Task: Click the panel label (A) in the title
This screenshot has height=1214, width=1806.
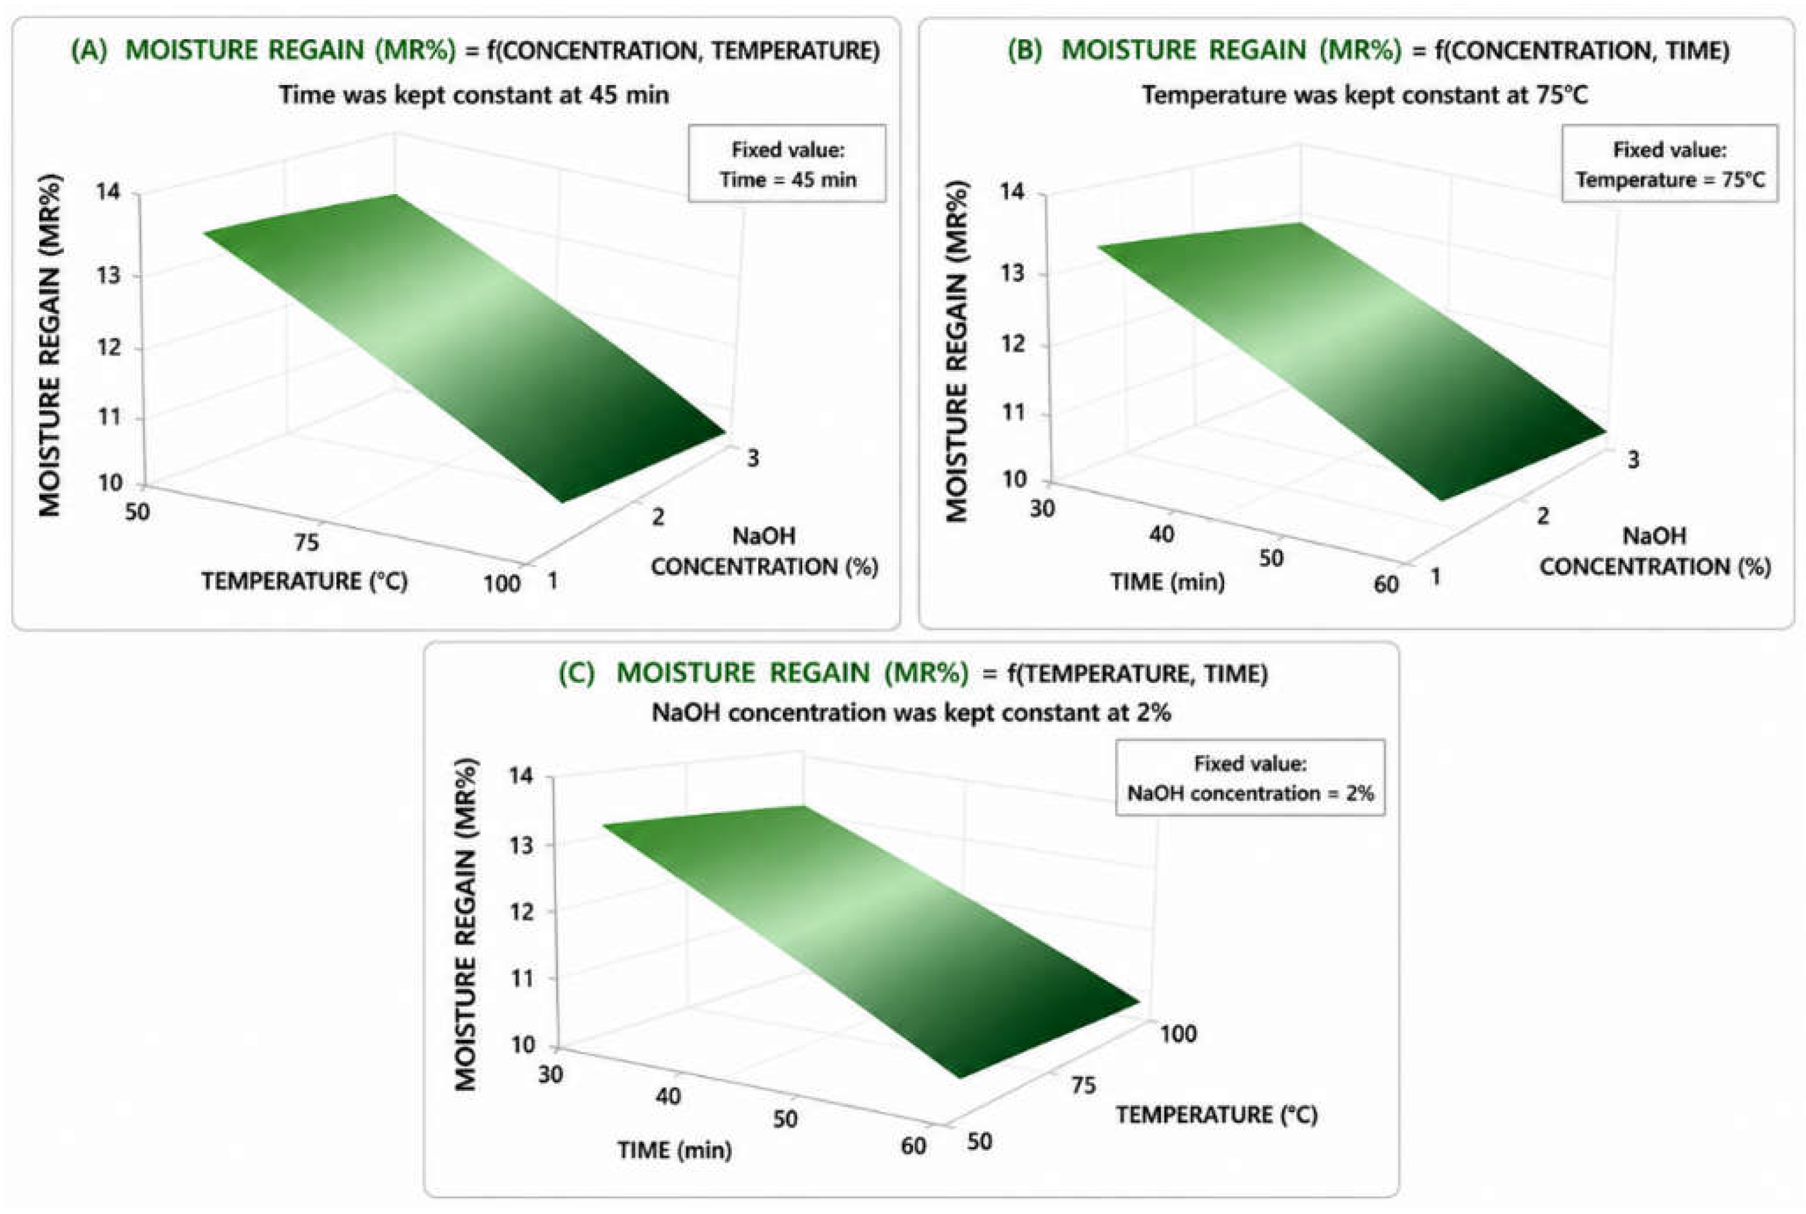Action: pos(89,50)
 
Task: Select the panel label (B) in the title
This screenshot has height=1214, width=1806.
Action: pos(1024,50)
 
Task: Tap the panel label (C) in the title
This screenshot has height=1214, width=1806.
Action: pos(577,673)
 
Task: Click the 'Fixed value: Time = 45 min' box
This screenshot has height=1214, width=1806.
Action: pos(787,164)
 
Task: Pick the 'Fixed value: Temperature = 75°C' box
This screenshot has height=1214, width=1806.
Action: pos(1670,164)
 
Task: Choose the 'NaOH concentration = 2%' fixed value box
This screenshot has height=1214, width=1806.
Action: pos(1250,777)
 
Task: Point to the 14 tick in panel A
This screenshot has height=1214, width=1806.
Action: pos(108,191)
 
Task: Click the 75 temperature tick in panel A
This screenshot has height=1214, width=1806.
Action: pos(306,542)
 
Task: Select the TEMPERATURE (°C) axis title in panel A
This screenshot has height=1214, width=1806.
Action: pos(304,581)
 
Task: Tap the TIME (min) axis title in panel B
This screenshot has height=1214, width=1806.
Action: pos(1167,581)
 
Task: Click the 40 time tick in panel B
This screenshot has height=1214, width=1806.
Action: pos(1161,534)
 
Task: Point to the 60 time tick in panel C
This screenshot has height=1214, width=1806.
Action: pos(914,1145)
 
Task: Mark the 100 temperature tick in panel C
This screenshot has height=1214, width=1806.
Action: pos(1177,1034)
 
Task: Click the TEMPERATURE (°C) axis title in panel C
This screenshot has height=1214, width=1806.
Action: pos(1216,1115)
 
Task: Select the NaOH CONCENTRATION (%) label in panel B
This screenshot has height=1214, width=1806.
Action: pos(1655,551)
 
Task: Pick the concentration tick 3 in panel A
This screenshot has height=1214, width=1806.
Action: pos(753,458)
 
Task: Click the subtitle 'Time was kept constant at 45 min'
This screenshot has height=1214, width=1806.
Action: pos(474,95)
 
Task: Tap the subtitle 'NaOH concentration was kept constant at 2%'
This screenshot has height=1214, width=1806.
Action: pos(911,712)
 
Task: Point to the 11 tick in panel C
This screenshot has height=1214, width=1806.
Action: pos(523,978)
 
